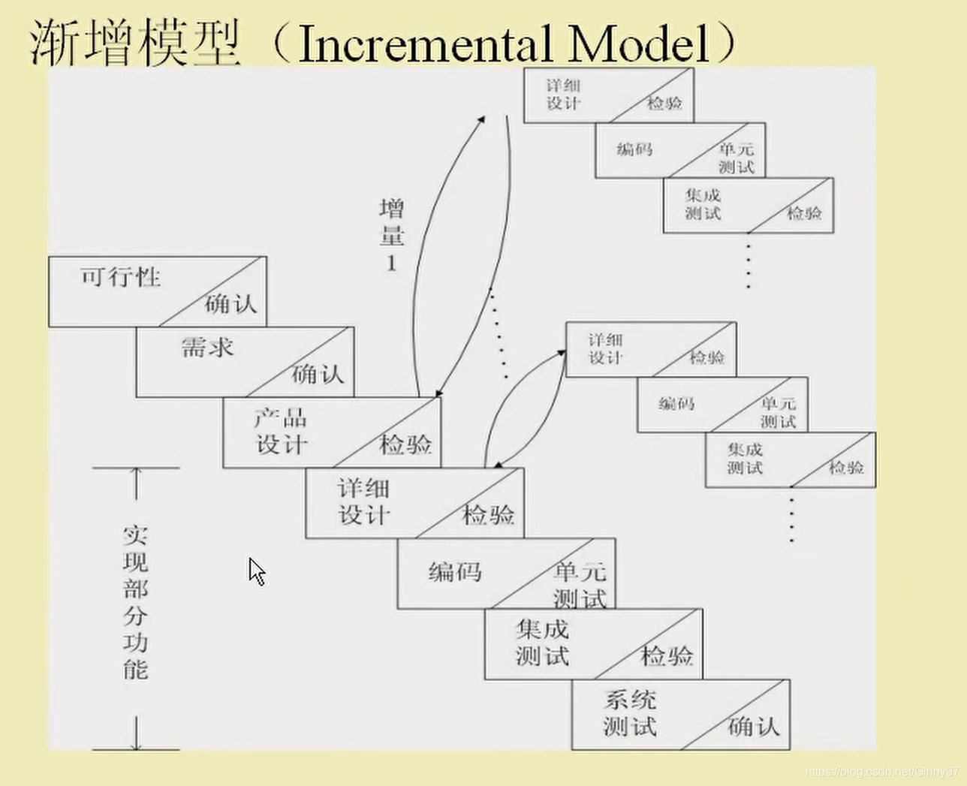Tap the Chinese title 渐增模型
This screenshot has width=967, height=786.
[x=135, y=43]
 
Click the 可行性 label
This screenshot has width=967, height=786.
[x=121, y=277]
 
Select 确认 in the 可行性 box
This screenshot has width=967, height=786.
[x=230, y=304]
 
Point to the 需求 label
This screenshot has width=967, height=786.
[x=207, y=348]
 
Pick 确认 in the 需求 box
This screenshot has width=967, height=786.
[x=318, y=374]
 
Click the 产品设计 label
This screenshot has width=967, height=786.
[x=282, y=432]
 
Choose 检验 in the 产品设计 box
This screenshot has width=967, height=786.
[x=405, y=444]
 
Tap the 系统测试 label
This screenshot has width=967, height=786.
[x=630, y=714]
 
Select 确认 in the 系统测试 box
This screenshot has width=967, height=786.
[x=754, y=727]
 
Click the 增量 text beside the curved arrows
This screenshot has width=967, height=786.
[x=391, y=221]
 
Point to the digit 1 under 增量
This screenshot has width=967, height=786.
[x=391, y=264]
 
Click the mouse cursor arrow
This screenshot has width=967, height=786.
[x=256, y=571]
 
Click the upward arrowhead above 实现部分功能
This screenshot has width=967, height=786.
[x=136, y=473]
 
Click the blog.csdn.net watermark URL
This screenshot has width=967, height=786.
[x=881, y=772]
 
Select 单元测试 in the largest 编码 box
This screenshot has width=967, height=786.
[x=580, y=586]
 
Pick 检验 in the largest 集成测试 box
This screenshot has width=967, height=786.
[x=667, y=656]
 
